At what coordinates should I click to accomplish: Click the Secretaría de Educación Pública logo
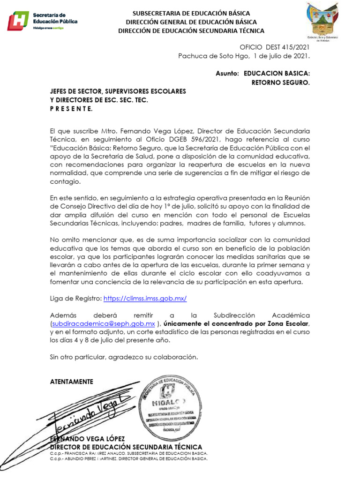[42, 21]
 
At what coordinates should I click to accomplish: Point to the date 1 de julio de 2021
[282, 56]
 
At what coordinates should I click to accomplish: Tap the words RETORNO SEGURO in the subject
[281, 82]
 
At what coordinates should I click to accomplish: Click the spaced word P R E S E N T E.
[71, 109]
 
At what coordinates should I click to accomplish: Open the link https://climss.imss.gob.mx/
[145, 298]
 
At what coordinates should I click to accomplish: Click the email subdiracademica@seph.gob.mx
[104, 324]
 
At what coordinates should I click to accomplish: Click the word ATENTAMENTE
[72, 382]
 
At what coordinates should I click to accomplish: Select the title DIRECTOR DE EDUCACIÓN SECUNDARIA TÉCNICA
[126, 447]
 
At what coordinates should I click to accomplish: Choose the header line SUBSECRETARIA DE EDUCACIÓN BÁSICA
[191, 14]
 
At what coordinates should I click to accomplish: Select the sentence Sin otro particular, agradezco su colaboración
[124, 357]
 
